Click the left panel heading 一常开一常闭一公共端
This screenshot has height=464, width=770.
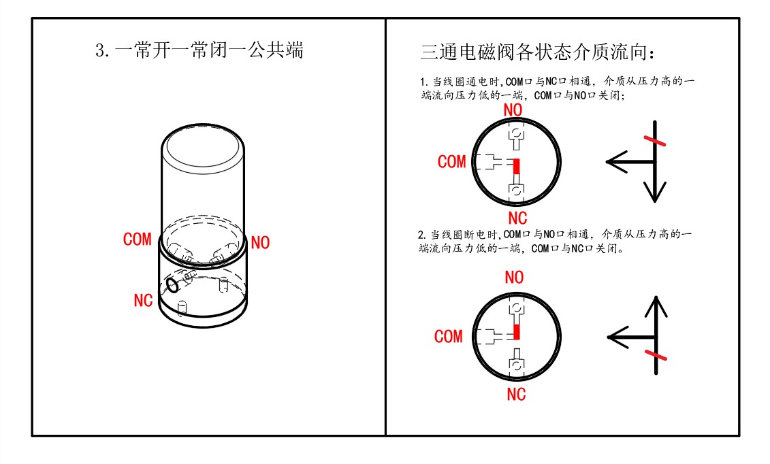coord(199,51)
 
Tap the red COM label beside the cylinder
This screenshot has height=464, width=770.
coord(138,239)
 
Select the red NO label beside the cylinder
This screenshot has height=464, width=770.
coord(260,242)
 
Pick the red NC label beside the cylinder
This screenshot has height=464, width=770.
coord(143,300)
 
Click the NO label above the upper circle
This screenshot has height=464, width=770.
coord(514,109)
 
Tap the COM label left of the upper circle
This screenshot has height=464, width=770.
coord(452,162)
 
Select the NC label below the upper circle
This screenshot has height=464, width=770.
coord(517,218)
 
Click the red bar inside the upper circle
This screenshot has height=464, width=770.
coord(516,166)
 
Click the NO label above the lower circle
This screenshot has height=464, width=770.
coord(514,278)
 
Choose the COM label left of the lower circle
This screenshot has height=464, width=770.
coord(449,337)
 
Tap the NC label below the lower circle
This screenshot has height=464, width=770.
coord(517,394)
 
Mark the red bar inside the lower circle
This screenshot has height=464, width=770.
coord(516,331)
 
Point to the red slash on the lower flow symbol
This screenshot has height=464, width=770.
coord(655,356)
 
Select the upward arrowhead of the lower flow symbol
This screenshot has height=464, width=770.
coord(655,305)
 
